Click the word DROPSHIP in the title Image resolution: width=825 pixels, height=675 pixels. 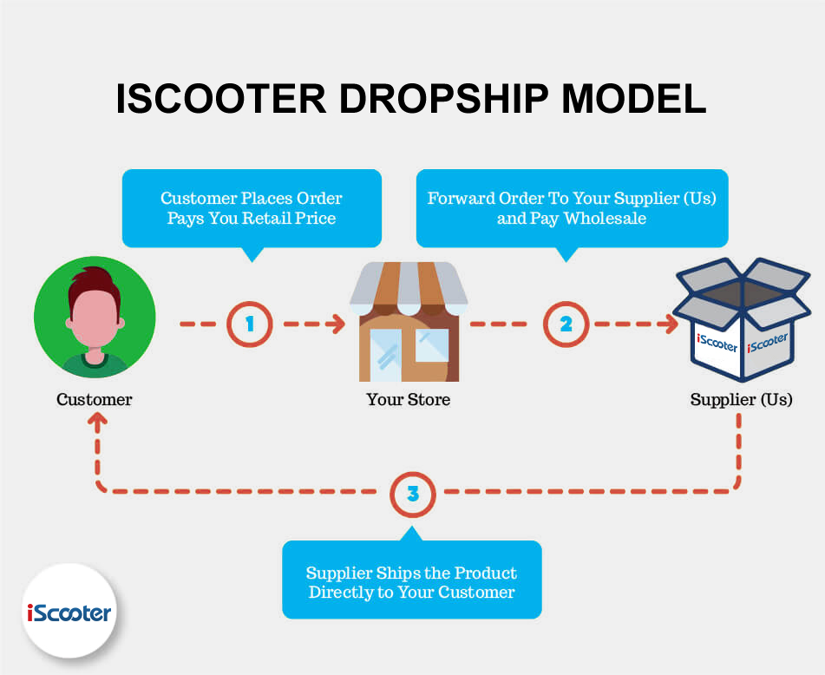[x=444, y=98]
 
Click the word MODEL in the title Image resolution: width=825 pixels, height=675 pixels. [x=634, y=98]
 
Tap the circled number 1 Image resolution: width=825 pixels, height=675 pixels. [x=249, y=324]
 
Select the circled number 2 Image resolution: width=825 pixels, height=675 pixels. [x=566, y=324]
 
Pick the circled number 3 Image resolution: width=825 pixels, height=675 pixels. [x=413, y=494]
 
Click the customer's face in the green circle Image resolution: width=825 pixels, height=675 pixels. [x=95, y=318]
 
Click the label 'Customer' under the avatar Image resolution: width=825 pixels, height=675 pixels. [x=95, y=399]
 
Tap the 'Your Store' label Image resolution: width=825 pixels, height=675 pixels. [x=409, y=399]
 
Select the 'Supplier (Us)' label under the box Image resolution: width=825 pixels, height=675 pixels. [x=742, y=399]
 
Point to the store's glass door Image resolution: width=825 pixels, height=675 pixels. [x=386, y=355]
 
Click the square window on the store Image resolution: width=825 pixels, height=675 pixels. [x=432, y=345]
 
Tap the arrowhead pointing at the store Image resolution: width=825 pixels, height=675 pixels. [x=337, y=324]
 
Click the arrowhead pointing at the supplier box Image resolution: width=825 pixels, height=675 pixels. [x=670, y=324]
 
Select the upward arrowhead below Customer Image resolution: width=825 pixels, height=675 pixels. [x=97, y=420]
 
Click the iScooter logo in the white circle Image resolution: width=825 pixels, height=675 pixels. [x=69, y=613]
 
